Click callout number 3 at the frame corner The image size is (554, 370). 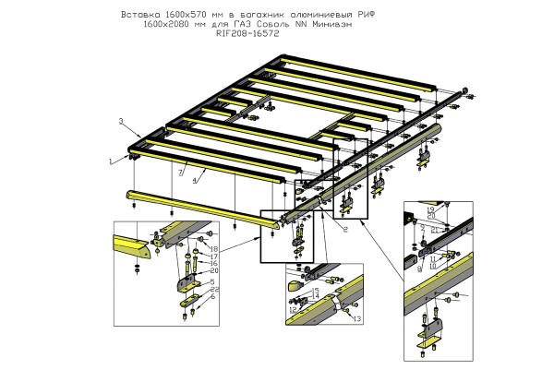pos(121,122)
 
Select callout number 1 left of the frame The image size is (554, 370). pos(111,161)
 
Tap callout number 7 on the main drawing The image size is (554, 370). pos(181,172)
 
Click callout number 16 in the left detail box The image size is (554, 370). pos(212,263)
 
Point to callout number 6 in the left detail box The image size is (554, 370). pos(212,297)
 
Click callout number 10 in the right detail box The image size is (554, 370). pos(433,266)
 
